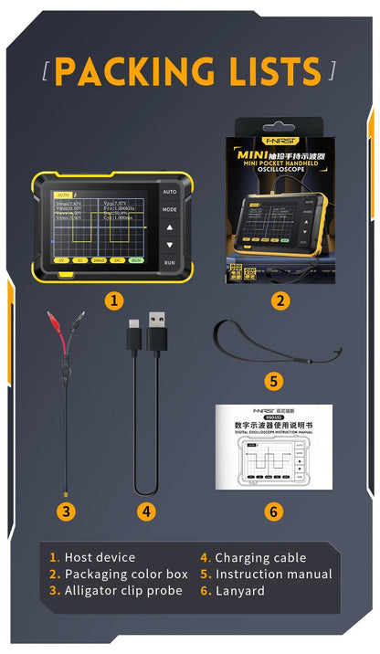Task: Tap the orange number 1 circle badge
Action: tap(113, 299)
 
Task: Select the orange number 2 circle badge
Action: tap(280, 299)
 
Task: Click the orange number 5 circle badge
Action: tap(274, 381)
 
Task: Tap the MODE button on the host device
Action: tap(170, 209)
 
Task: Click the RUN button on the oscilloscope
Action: tap(170, 263)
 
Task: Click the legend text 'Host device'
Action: tap(100, 557)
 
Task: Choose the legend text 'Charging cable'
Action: tap(264, 557)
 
